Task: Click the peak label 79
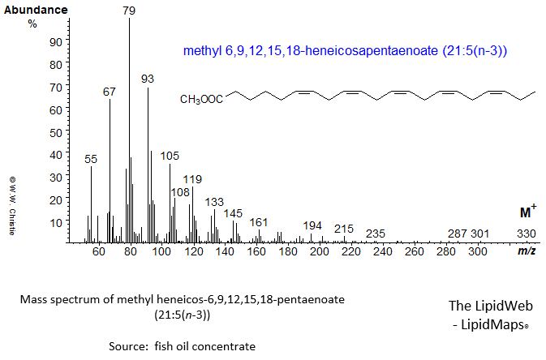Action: [130, 10]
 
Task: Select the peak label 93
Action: [148, 79]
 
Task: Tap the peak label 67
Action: [110, 92]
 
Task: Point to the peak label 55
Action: [91, 159]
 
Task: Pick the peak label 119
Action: [192, 178]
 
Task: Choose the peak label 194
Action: [312, 225]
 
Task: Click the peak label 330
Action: [527, 234]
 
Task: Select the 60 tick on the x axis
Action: [99, 252]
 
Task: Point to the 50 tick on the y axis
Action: [57, 131]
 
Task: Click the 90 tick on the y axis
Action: [57, 41]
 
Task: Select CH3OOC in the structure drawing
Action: [202, 100]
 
